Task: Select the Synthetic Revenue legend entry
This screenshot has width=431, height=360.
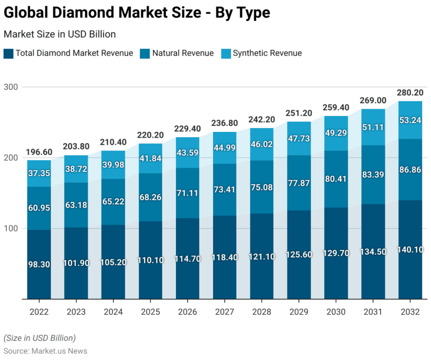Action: (x=267, y=53)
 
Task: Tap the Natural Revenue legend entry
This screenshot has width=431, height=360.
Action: (x=183, y=53)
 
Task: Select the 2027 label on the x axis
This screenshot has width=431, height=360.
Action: (x=225, y=312)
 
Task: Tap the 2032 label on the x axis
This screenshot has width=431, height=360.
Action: (x=410, y=312)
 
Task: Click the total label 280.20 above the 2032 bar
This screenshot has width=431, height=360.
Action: (x=410, y=93)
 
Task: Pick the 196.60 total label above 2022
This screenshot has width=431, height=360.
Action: (x=39, y=152)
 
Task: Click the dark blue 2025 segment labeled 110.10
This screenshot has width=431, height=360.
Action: (x=151, y=260)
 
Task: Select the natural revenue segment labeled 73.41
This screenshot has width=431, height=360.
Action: (x=225, y=190)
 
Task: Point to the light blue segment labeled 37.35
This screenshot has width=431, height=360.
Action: (x=39, y=174)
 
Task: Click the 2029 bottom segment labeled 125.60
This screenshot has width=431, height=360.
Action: (x=299, y=255)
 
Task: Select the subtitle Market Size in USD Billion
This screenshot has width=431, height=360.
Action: (x=60, y=34)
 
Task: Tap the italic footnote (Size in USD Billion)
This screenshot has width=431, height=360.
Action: (x=40, y=338)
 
